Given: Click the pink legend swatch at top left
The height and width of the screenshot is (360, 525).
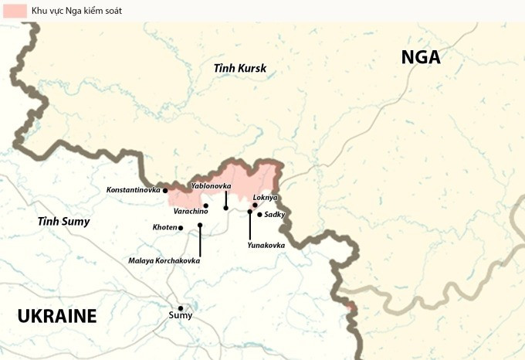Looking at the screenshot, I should pyautogui.click(x=13, y=11).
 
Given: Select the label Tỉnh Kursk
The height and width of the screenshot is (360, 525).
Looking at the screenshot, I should pyautogui.click(x=240, y=68).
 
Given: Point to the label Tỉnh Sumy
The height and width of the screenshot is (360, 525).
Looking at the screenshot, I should pyautogui.click(x=64, y=222).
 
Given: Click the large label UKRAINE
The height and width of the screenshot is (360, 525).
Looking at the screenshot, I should pyautogui.click(x=57, y=316).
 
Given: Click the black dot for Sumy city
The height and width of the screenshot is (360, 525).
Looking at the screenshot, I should pyautogui.click(x=181, y=307).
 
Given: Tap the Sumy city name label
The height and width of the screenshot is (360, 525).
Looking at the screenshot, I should pyautogui.click(x=181, y=316).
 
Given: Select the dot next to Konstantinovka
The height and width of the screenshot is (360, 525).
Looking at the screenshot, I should pyautogui.click(x=165, y=190).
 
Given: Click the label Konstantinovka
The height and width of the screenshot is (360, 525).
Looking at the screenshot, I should pyautogui.click(x=133, y=189).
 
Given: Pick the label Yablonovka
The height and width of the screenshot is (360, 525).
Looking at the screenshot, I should pyautogui.click(x=211, y=186).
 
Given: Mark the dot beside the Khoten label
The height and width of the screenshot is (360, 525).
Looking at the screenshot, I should pyautogui.click(x=181, y=228).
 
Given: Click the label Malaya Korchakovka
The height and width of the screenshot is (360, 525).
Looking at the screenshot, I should pyautogui.click(x=164, y=261).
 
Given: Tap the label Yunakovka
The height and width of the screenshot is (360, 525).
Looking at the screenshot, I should pyautogui.click(x=266, y=245).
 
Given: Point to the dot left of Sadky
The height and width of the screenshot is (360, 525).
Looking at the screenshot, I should pyautogui.click(x=259, y=214).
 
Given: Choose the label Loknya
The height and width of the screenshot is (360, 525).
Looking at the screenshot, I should pyautogui.click(x=266, y=197).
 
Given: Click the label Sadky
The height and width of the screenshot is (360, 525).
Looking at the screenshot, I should pyautogui.click(x=275, y=214).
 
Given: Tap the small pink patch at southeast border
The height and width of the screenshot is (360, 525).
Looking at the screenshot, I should pyautogui.click(x=351, y=306).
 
